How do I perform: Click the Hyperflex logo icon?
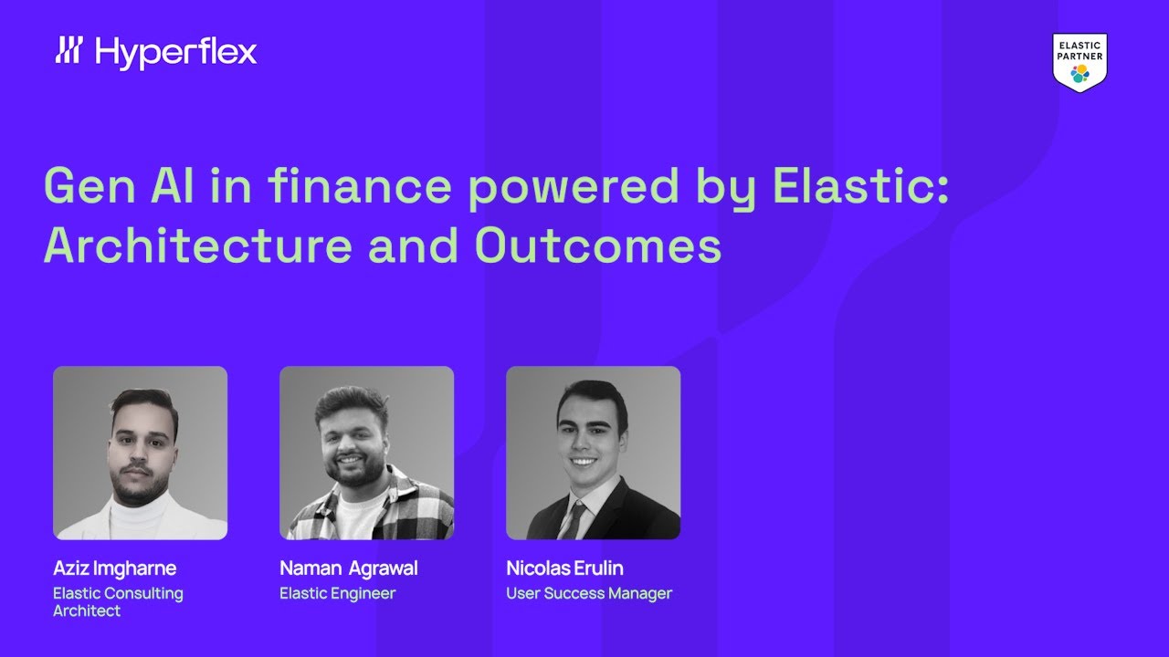69,50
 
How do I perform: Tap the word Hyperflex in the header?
175,53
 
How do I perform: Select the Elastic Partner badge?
1079,62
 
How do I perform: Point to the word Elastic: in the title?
861,186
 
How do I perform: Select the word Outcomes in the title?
597,245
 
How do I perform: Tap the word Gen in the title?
86,186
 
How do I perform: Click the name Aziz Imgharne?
114,568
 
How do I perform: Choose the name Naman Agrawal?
348,568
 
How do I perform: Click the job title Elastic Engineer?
337,593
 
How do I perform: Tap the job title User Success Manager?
588,593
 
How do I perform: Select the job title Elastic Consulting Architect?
118,602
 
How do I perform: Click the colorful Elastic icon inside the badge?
1079,74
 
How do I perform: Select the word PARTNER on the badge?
1079,57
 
